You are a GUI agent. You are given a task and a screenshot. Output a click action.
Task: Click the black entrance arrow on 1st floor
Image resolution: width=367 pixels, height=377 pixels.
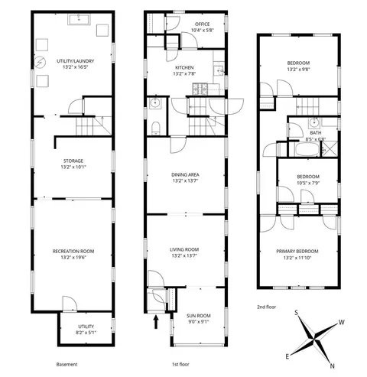156,322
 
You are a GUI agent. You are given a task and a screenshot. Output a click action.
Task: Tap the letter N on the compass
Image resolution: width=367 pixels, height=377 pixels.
332,366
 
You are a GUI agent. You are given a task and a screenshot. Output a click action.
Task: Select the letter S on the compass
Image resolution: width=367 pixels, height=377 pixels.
297,313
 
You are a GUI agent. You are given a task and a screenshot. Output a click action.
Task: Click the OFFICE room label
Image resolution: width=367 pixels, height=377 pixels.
203,24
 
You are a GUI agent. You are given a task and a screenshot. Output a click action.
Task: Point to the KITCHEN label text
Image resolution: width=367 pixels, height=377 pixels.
184,67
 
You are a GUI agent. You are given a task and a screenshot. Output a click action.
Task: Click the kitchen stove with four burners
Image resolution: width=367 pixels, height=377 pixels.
200,89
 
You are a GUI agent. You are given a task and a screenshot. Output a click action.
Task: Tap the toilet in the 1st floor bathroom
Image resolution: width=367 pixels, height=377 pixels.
155,128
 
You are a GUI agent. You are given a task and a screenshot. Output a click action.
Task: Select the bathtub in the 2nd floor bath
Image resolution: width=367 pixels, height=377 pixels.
307,149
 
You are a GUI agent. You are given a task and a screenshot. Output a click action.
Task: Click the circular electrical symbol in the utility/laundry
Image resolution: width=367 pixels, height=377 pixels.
40,62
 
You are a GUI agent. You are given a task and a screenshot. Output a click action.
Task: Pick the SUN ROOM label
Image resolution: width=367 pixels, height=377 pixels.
199,316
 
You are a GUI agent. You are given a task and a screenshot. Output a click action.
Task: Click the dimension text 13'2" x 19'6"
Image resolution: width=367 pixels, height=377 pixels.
73,258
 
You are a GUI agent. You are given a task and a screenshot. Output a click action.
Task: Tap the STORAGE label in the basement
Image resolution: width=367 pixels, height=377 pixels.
73,161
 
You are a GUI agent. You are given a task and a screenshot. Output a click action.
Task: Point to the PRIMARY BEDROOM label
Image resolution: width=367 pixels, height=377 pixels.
297,252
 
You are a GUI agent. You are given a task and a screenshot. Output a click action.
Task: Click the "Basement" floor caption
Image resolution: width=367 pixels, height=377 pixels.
67,365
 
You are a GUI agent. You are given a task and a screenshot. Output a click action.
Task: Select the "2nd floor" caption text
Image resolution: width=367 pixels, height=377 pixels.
267,307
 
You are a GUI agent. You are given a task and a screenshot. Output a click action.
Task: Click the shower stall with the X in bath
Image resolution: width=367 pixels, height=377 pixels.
330,149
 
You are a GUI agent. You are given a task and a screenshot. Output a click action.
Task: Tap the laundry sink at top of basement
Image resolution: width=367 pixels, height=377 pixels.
79,20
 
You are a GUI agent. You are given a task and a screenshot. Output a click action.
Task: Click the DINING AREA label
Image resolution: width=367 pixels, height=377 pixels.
185,175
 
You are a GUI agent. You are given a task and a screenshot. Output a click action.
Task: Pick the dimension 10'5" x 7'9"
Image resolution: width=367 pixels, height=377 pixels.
308,183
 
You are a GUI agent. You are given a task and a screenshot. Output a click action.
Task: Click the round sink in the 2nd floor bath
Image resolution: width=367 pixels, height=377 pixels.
314,123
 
